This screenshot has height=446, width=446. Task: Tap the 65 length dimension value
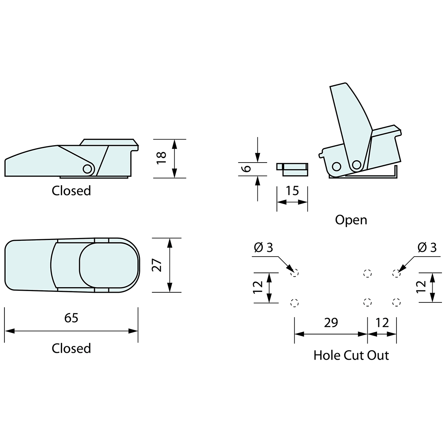point(71,318)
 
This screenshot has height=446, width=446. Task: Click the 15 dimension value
point(292,191)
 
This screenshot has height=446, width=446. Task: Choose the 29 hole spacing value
point(331,323)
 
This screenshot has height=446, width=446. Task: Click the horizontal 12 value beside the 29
point(382,323)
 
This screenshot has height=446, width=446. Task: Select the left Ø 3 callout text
point(264,247)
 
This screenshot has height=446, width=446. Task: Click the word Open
point(351,220)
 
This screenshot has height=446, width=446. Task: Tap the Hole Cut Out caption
point(351,356)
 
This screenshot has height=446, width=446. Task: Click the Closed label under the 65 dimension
point(71,348)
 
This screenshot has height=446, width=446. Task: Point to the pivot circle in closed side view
point(87,169)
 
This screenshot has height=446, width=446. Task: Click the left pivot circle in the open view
point(336,166)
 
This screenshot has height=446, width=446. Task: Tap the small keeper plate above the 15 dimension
point(293,169)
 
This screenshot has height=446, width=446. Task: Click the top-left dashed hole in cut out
point(295,273)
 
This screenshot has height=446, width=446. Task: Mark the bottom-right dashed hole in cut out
point(397,302)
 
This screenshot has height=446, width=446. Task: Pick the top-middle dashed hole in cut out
point(367,273)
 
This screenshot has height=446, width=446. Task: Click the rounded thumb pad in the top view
point(107,265)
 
